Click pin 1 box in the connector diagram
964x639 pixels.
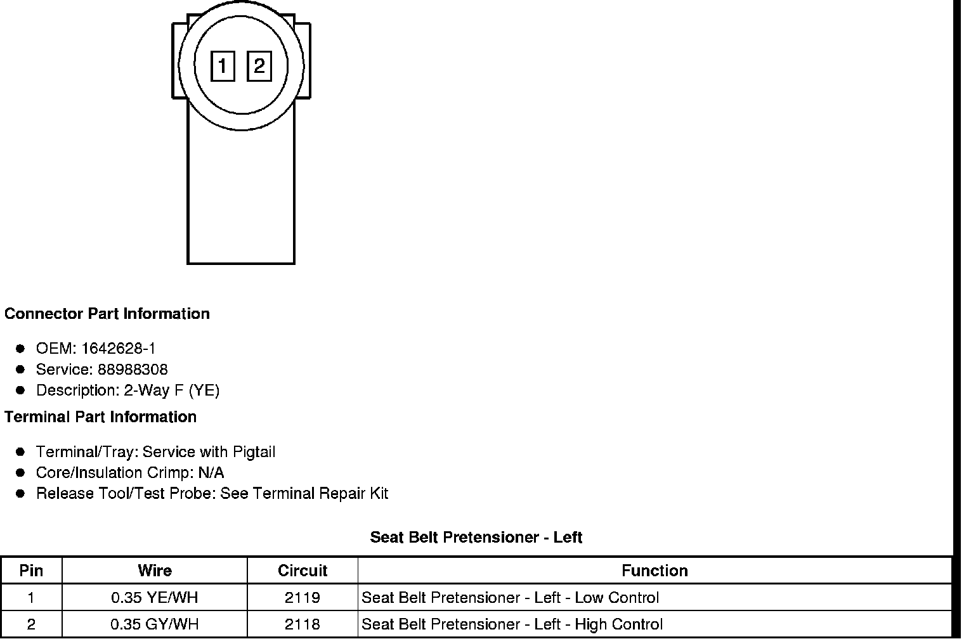click(x=223, y=66)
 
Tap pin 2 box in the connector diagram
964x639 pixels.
click(x=259, y=66)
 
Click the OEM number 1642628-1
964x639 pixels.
click(x=119, y=348)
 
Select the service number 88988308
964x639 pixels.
click(x=133, y=369)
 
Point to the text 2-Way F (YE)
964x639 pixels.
click(x=172, y=390)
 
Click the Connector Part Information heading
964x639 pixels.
click(x=107, y=314)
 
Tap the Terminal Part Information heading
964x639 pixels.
click(x=100, y=416)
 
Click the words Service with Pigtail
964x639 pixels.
click(x=209, y=452)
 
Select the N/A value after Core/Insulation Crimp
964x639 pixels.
click(x=211, y=472)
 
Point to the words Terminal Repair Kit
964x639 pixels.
click(x=321, y=493)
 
